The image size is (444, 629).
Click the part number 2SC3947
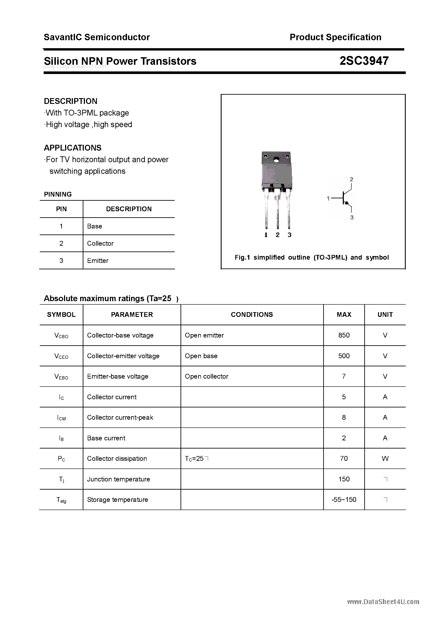(364, 61)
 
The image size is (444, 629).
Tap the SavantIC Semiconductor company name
(97, 37)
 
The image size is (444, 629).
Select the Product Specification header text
(335, 37)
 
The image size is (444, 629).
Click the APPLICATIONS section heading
(73, 148)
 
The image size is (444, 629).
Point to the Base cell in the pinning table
(94, 226)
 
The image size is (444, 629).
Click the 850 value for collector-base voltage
(344, 335)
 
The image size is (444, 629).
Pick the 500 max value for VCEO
(344, 356)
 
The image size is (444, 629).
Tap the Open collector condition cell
(206, 376)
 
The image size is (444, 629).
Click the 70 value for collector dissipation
(344, 459)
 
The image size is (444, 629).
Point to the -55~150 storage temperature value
(344, 500)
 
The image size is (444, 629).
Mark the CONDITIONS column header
(252, 314)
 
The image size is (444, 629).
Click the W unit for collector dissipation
(385, 459)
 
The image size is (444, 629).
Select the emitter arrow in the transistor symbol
(347, 203)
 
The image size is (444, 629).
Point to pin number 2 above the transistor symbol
(351, 179)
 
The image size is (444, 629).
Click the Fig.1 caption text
(312, 257)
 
